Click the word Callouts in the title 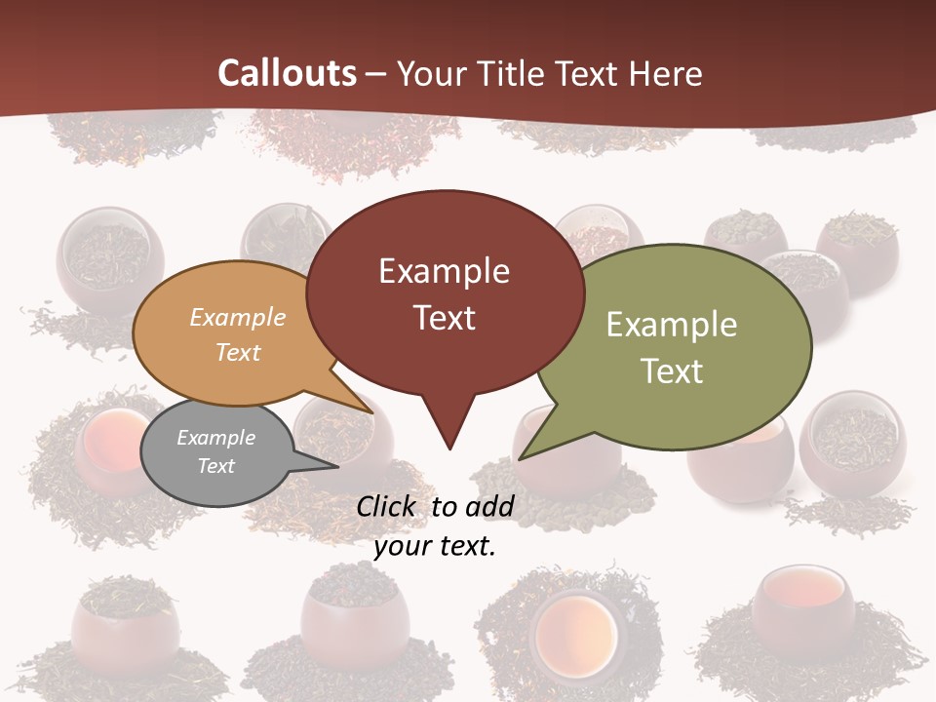[x=287, y=73]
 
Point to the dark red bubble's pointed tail [x=448, y=429]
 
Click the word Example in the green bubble [x=672, y=325]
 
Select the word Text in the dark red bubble [x=445, y=318]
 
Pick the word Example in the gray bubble [x=215, y=438]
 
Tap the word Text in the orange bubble [x=238, y=352]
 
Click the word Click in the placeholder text [x=387, y=506]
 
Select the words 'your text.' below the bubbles [x=435, y=546]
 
